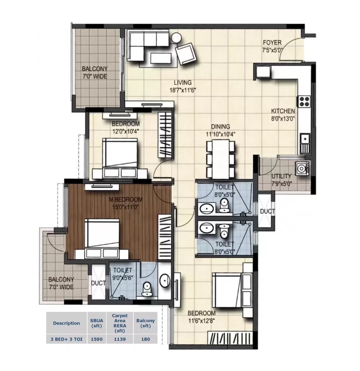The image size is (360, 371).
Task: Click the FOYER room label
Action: coord(272,43)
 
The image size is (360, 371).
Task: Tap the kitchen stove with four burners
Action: coord(304,101)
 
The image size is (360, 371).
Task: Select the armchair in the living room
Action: coord(186,54)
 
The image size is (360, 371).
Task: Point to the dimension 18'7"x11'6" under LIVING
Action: coord(183,90)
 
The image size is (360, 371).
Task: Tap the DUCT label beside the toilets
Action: coord(265,211)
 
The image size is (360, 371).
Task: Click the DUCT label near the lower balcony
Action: coord(98,283)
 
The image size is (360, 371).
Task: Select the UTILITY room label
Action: coord(281,176)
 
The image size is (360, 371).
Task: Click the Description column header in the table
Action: coord(67,323)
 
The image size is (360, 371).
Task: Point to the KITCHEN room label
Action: coord(283,111)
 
